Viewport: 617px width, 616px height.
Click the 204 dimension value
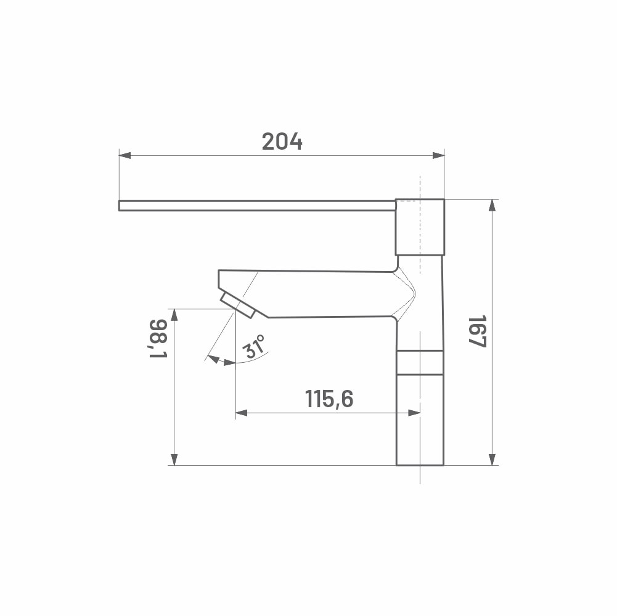point(282,142)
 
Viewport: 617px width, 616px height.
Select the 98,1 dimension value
point(158,338)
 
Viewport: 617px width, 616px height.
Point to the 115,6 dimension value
point(329,399)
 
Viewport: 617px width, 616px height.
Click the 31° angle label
point(253,346)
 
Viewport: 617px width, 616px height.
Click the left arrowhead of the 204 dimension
point(125,156)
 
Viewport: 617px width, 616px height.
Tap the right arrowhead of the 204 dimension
point(438,156)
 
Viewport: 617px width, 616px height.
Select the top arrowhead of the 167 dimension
point(492,205)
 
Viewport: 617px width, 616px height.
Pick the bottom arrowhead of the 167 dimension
point(492,460)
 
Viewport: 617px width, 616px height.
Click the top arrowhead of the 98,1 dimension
point(174,315)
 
